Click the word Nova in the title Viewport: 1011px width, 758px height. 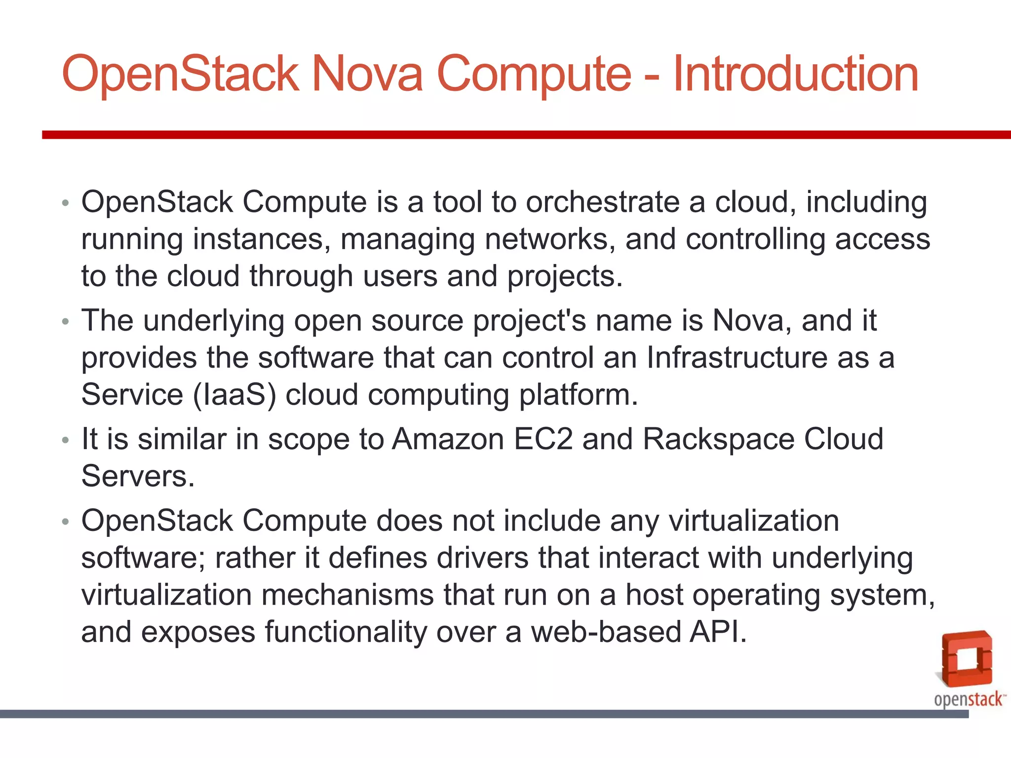pos(367,74)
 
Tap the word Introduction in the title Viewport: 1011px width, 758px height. pos(795,74)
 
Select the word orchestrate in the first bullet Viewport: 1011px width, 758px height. pos(602,202)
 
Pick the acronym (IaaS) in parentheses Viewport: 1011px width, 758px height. pos(234,395)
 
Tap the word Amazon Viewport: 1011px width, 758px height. pos(448,439)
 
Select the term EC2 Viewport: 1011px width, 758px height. pos(543,439)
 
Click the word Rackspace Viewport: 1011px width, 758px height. pos(718,439)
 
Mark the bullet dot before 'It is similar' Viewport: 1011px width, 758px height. pos(66,440)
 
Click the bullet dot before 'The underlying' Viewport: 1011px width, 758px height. pos(66,322)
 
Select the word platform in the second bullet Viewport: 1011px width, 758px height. pos(578,395)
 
